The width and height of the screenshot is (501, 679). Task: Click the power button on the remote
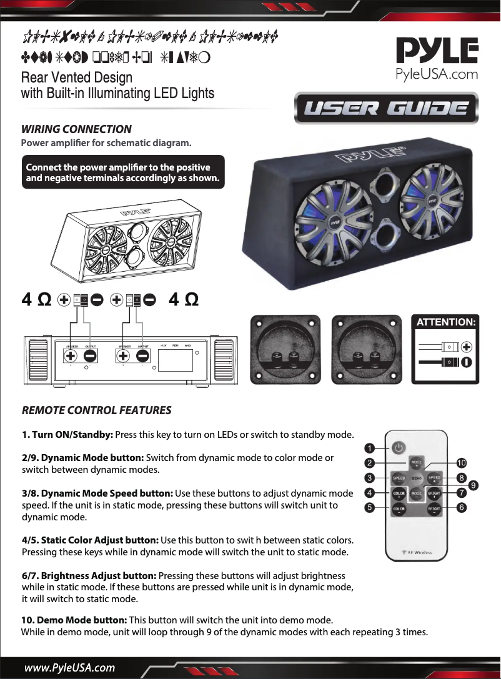point(399,447)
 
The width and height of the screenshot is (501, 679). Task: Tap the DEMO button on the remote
point(417,478)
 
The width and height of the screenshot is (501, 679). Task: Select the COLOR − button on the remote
point(399,509)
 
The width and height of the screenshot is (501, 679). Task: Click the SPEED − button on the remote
point(399,478)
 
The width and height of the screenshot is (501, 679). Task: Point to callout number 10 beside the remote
point(462,463)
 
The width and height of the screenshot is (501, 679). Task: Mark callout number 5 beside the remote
point(370,508)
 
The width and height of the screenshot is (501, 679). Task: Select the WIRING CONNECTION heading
point(77,129)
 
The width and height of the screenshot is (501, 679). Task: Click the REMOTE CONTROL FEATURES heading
point(96,410)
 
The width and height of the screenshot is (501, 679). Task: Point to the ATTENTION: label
point(446,322)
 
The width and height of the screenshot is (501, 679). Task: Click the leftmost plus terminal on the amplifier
point(71,356)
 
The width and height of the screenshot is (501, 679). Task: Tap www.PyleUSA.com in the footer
point(69,668)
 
